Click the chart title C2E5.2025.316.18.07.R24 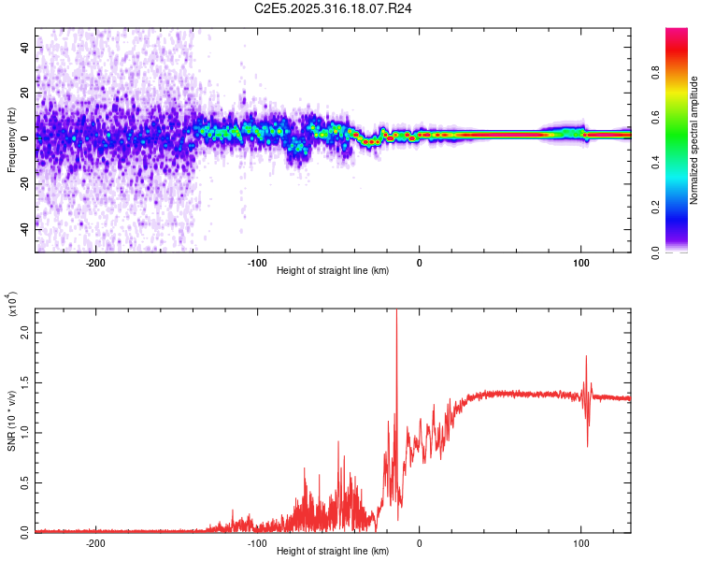click(334, 9)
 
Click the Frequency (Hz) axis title click(11, 139)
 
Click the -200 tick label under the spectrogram click(94, 261)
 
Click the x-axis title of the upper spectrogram click(334, 271)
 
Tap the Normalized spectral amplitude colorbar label click(694, 140)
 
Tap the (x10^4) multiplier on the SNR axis click(11, 305)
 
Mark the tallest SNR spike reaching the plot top click(397, 312)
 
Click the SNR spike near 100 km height click(586, 357)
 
